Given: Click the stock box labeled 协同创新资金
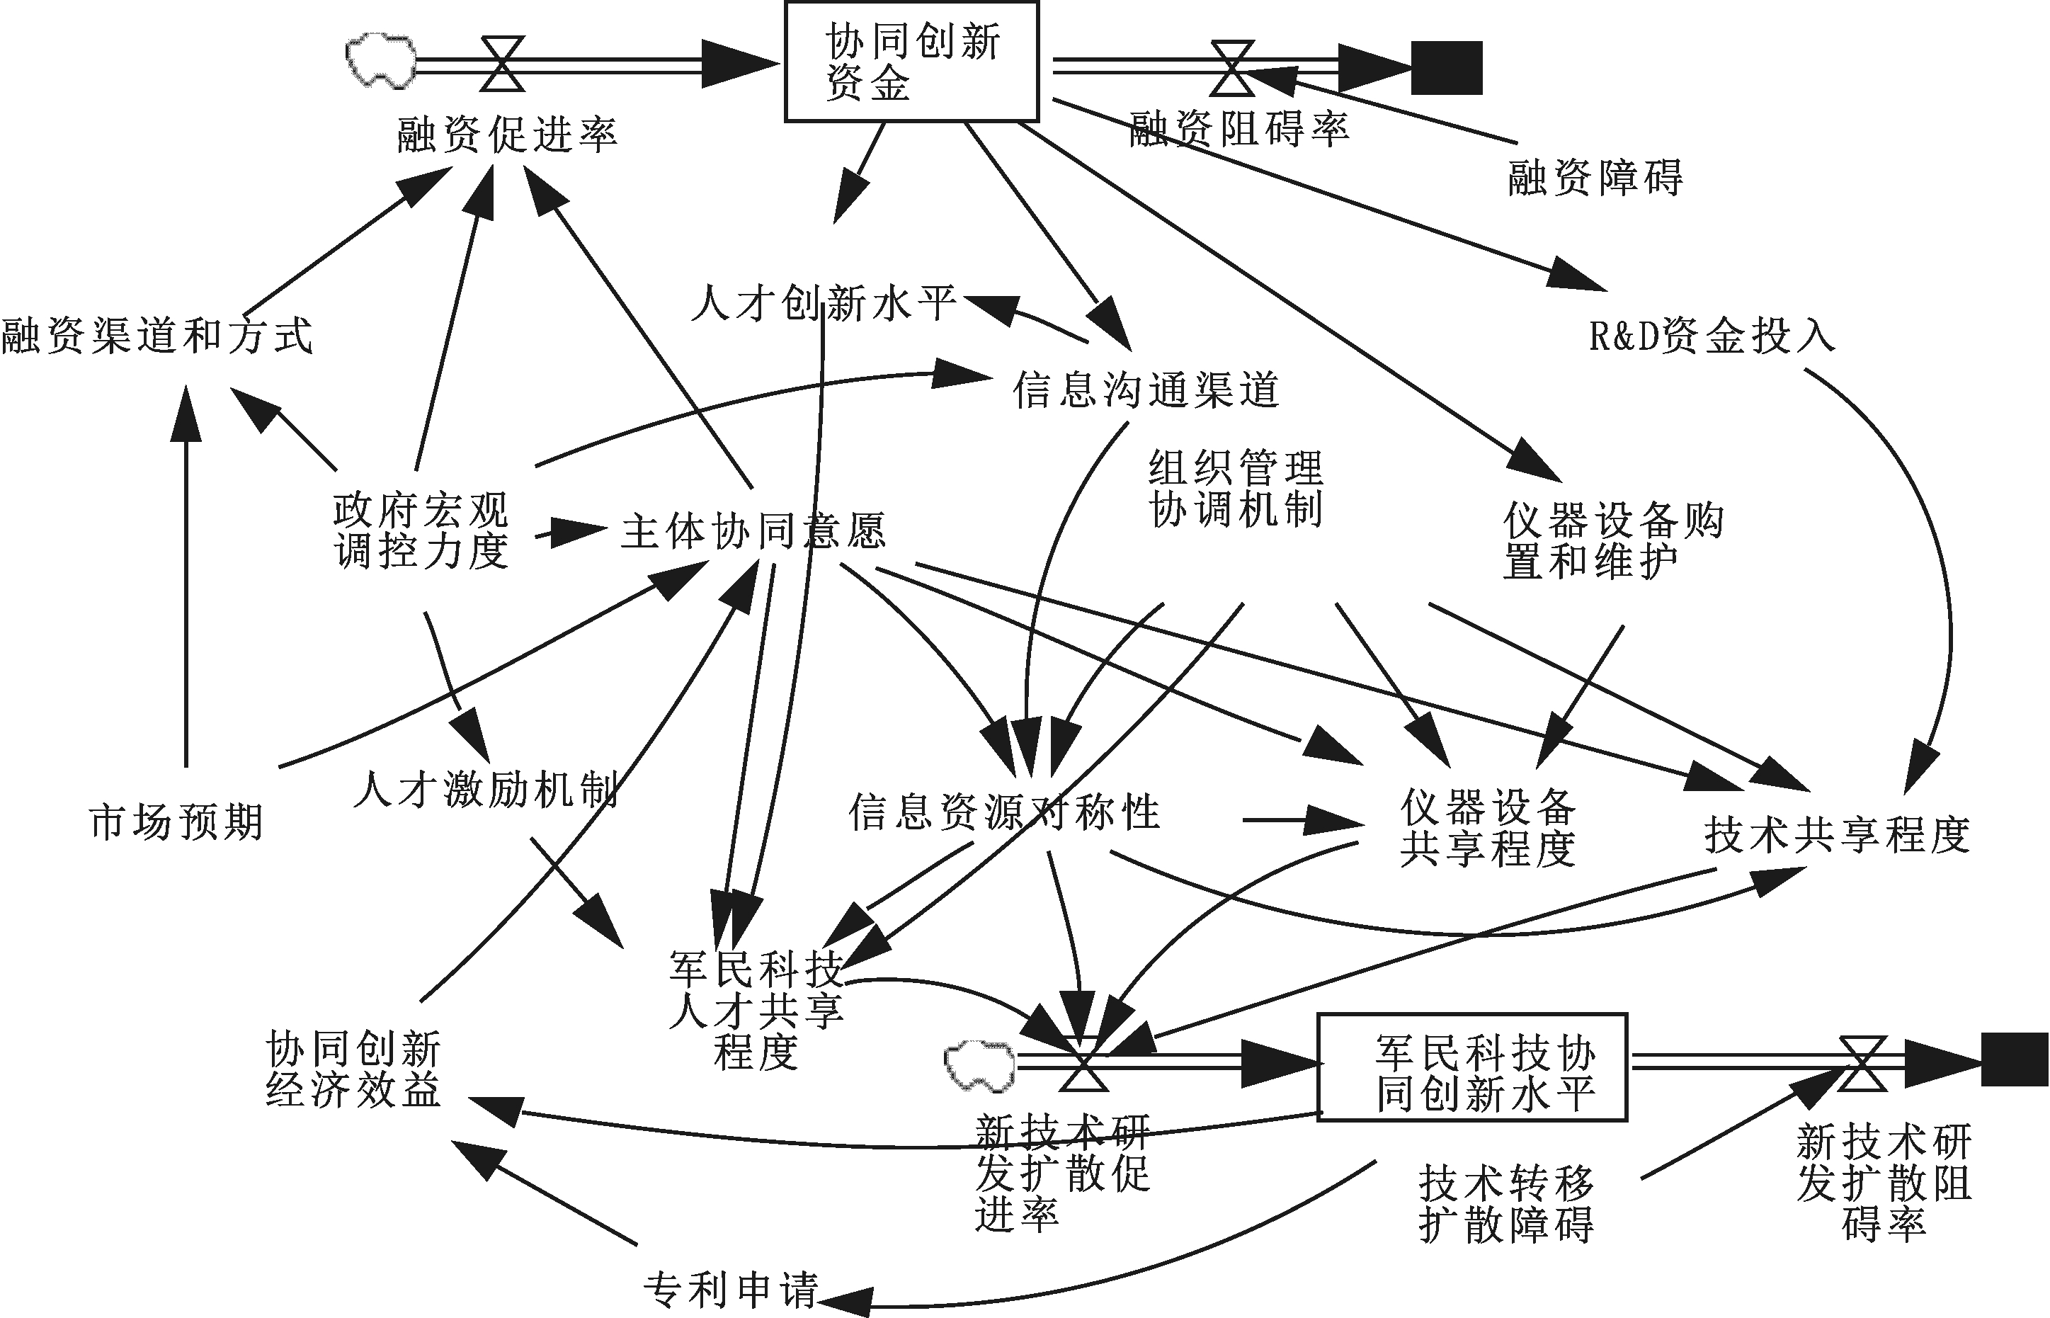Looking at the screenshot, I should pos(911,62).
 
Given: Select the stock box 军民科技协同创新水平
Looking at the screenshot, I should pos(1471,1067).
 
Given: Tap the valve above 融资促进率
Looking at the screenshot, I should pos(502,62).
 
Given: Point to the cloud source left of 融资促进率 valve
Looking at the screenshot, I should pos(381,60).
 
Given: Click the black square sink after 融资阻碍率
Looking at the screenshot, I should pos(1446,67).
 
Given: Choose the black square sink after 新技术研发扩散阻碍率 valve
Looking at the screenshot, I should pos(2014,1059).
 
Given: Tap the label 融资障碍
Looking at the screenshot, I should pos(1595,178).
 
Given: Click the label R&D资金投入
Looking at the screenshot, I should pos(1712,336).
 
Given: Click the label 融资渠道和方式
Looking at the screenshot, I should pos(156,335).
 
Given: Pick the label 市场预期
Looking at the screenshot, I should pos(176,822).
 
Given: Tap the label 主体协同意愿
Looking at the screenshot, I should pos(753,530).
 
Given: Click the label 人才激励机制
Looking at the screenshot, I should pos(485,788).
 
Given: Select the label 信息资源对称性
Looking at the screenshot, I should pos(1003,812).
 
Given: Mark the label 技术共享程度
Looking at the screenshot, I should pos(1837,834).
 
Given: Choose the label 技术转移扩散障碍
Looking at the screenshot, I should pos(1506,1203).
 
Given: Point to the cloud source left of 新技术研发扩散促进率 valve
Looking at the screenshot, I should pos(979,1066).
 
